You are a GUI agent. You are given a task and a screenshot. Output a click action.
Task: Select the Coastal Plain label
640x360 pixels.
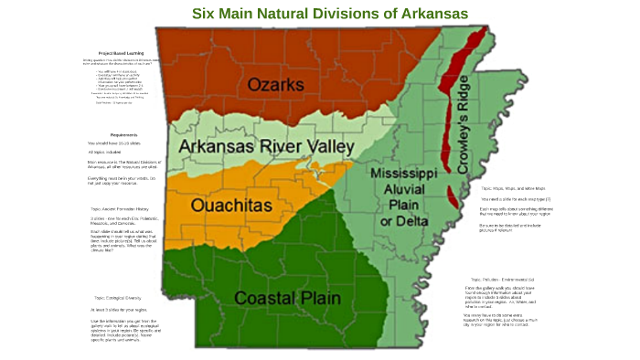(x=288, y=298)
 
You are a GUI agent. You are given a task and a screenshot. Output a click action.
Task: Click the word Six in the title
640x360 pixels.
(x=206, y=14)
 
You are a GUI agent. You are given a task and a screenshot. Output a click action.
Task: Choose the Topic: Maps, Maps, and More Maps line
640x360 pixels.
(x=517, y=187)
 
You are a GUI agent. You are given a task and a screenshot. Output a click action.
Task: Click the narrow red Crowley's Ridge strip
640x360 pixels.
(x=449, y=101)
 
